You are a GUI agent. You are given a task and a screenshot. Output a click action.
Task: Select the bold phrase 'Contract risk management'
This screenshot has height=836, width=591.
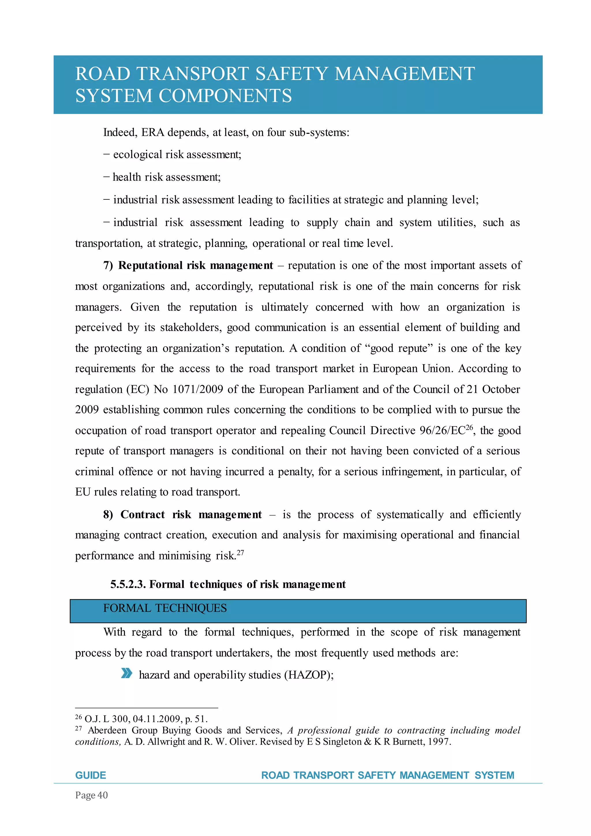[x=191, y=515]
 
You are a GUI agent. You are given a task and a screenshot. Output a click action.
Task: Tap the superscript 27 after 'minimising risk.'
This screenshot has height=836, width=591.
[x=240, y=552]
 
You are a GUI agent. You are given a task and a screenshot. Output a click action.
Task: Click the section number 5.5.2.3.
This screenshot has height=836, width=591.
[x=128, y=584]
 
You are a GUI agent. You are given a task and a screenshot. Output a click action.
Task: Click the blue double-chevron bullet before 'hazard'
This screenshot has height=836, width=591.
[x=126, y=673]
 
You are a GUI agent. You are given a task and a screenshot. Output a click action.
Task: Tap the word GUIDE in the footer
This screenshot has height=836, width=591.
[x=91, y=775]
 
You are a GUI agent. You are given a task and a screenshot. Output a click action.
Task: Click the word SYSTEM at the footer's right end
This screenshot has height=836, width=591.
[x=494, y=775]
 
